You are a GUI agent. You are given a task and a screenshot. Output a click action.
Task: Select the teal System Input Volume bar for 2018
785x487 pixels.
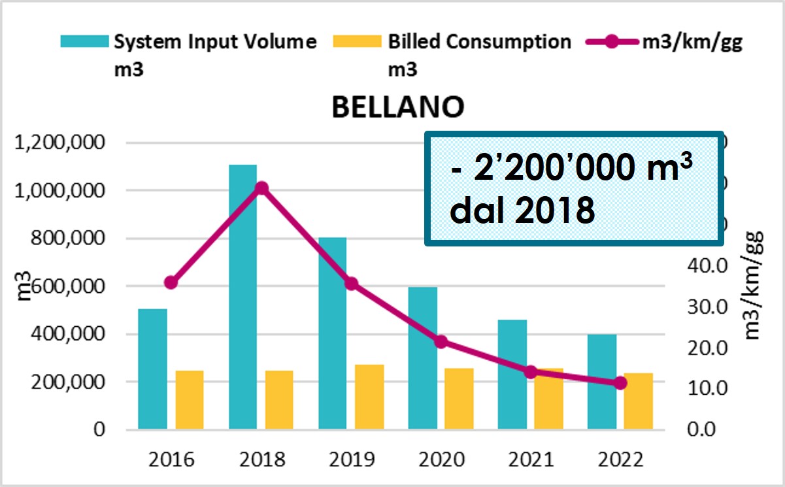click(x=242, y=297)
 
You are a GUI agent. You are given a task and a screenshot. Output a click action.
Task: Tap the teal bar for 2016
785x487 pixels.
click(x=153, y=369)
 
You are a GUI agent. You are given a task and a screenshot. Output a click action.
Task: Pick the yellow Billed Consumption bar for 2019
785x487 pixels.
click(x=369, y=397)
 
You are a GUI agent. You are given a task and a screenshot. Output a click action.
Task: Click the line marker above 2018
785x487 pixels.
click(x=261, y=188)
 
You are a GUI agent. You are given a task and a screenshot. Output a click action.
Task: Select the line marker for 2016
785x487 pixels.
click(x=171, y=282)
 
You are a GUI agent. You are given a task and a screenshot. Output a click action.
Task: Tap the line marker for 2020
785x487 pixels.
click(x=441, y=341)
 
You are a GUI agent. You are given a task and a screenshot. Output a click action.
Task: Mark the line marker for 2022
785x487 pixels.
click(x=620, y=383)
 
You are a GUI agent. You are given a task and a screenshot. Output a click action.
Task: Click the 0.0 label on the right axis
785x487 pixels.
click(x=707, y=429)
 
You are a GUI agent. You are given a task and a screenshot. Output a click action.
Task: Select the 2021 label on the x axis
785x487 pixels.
click(x=530, y=459)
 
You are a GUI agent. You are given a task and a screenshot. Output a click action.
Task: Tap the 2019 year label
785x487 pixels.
click(x=351, y=459)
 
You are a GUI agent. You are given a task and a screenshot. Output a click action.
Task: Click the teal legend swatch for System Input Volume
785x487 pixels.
click(x=84, y=42)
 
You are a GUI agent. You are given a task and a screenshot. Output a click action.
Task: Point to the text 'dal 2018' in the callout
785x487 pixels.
click(x=522, y=210)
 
